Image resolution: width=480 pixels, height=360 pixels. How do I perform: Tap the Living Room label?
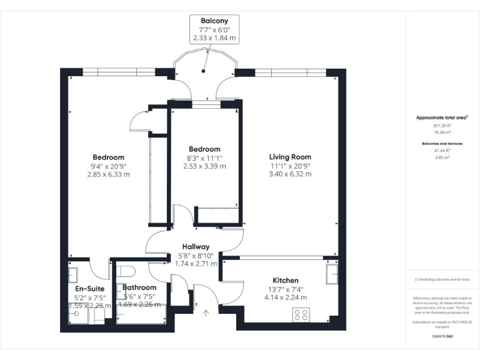(290, 157)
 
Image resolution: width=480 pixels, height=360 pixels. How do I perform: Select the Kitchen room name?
(285, 280)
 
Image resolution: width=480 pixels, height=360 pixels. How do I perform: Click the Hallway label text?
(196, 247)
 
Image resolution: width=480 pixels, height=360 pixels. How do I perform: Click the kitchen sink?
(331, 274)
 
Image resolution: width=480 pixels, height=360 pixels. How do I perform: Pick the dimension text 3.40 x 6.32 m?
(290, 174)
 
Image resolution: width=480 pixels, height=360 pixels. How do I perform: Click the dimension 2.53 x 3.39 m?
(204, 166)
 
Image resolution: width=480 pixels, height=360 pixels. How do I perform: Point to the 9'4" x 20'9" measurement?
(108, 166)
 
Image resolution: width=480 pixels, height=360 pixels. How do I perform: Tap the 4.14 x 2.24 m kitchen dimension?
(285, 297)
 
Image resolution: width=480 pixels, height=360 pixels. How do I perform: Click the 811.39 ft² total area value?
(442, 125)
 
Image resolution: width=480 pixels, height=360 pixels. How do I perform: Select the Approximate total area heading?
(442, 117)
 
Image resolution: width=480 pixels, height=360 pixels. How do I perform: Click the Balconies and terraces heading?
(442, 143)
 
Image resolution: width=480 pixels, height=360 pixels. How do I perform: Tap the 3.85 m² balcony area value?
(442, 157)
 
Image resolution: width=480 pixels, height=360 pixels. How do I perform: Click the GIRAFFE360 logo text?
(442, 336)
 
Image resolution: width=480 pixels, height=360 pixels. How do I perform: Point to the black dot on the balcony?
(203, 71)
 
